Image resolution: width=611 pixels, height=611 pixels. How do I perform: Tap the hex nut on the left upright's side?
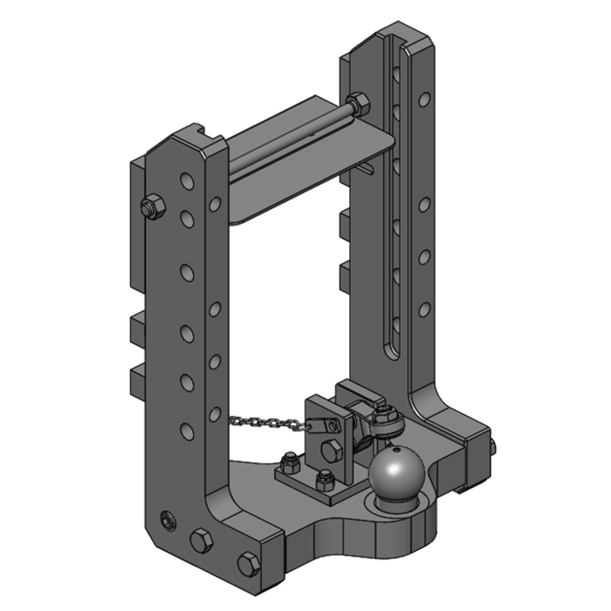point(153,205)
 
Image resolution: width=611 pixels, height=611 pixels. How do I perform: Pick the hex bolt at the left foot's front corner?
point(248,564)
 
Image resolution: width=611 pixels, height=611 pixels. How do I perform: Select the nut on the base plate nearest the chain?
point(290,461)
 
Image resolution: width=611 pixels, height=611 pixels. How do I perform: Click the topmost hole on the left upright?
point(186,181)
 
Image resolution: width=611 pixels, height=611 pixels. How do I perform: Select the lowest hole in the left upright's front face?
point(186,430)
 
